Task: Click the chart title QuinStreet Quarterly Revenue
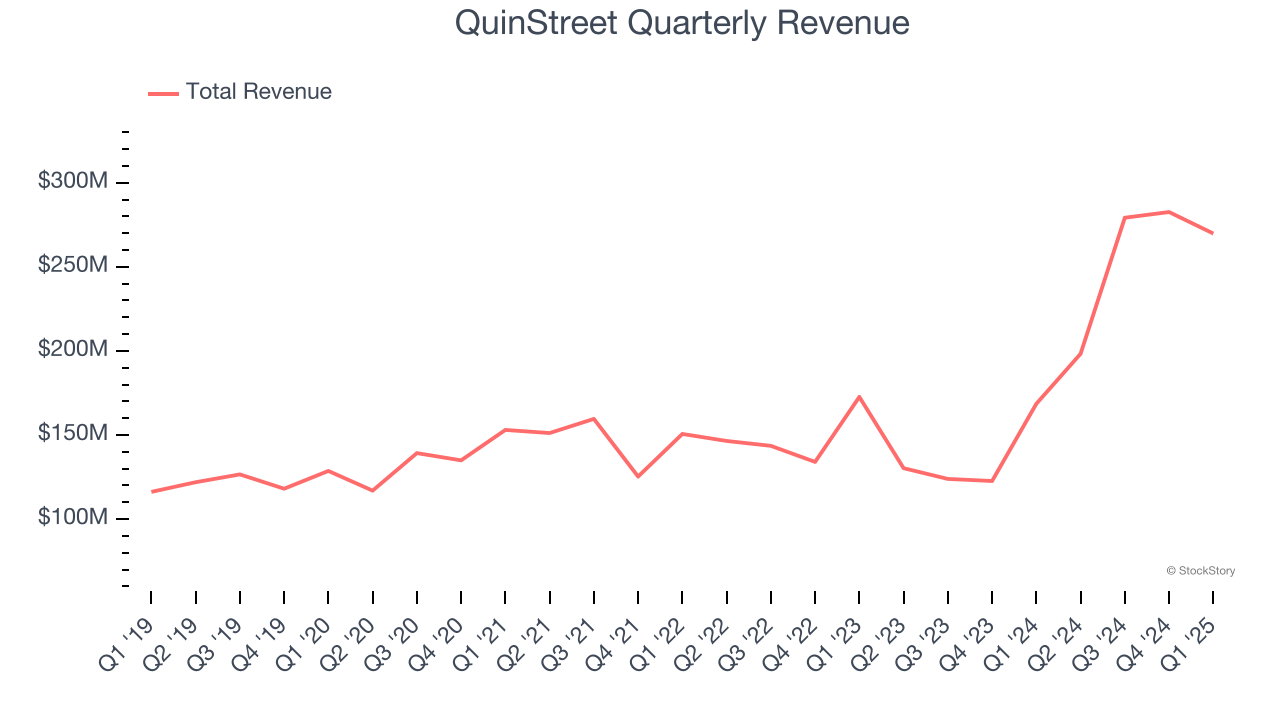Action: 682,23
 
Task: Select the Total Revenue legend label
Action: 258,92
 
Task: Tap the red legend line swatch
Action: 163,93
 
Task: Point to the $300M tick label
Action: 73,182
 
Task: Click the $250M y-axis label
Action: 73,266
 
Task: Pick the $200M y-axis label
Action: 73,350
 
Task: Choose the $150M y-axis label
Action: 73,434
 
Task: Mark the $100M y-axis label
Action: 73,518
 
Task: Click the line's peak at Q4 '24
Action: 1169,212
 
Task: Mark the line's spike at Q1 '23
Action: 859,397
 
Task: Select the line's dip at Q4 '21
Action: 638,476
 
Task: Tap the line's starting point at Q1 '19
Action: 152,491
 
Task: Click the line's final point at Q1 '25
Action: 1213,233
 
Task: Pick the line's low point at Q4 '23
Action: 992,481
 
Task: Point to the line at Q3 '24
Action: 1125,217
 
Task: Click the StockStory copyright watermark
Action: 1201,571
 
